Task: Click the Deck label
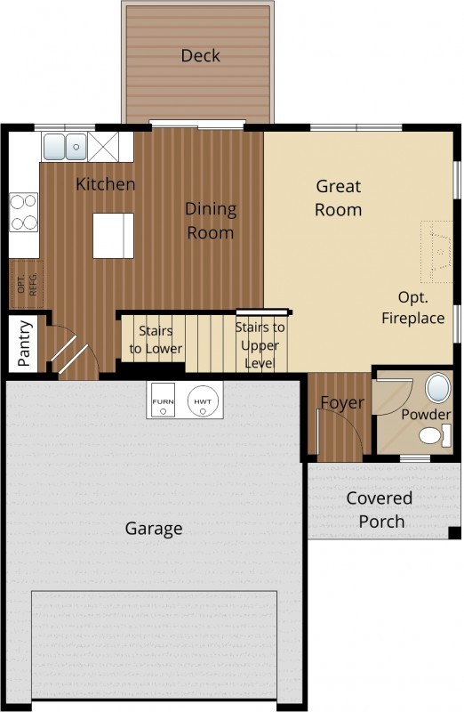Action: (200, 55)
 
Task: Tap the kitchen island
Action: (114, 236)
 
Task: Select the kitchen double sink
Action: (65, 146)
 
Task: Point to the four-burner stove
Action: (24, 212)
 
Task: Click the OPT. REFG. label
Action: (27, 284)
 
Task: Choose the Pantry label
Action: (25, 344)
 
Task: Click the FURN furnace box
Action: (163, 400)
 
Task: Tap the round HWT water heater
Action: (203, 401)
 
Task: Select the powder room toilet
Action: (435, 435)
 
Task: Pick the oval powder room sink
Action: (437, 387)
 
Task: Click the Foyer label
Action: (342, 403)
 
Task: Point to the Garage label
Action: (154, 529)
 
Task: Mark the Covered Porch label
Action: (380, 509)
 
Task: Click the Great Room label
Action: (339, 198)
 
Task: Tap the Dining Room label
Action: (211, 221)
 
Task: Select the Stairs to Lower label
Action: (156, 340)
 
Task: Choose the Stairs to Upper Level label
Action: (260, 345)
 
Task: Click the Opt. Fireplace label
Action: (412, 307)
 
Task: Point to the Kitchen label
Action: (105, 184)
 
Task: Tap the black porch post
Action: (454, 533)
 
